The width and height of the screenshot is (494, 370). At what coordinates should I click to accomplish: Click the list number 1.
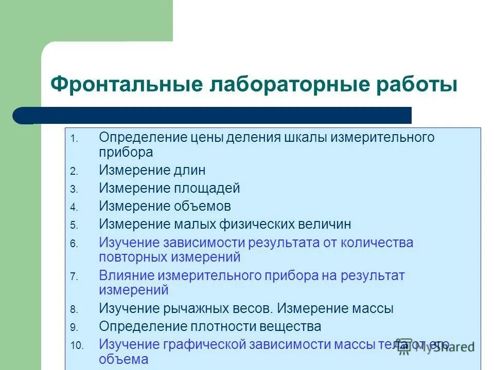[x=74, y=139]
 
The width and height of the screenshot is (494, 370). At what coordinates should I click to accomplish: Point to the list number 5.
[x=74, y=225]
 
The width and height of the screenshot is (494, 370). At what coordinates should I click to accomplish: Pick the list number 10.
[x=76, y=345]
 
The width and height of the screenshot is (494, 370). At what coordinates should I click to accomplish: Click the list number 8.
[x=74, y=310]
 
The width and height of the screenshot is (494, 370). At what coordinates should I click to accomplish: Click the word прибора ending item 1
[x=126, y=152]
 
